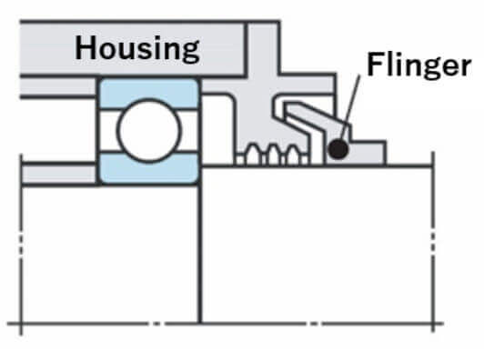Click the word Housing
tap(137, 48)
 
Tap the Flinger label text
tap(419, 65)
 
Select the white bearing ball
tap(149, 131)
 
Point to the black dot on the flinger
tap(338, 149)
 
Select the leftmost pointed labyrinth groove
tap(253, 154)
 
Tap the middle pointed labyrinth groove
tap(273, 155)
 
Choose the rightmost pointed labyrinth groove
tap(293, 155)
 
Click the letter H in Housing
tap(86, 47)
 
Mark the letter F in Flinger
tap(376, 64)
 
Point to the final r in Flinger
tap(466, 67)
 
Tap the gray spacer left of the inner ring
tap(59, 175)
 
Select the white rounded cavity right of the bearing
tap(217, 130)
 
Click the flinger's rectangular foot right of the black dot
tap(369, 153)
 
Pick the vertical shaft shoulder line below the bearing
tap(200, 253)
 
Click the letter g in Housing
tap(189, 52)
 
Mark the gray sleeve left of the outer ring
tap(58, 86)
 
